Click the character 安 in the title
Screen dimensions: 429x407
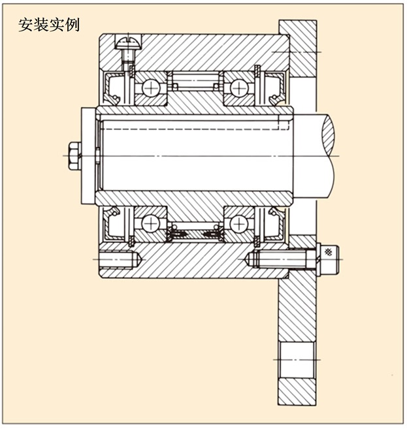click(x=25, y=25)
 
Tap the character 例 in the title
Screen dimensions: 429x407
click(x=73, y=25)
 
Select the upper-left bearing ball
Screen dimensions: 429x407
click(x=152, y=86)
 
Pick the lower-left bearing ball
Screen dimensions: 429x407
click(x=152, y=223)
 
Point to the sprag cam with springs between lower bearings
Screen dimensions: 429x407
click(x=195, y=231)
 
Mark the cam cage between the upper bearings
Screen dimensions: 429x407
click(x=195, y=83)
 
